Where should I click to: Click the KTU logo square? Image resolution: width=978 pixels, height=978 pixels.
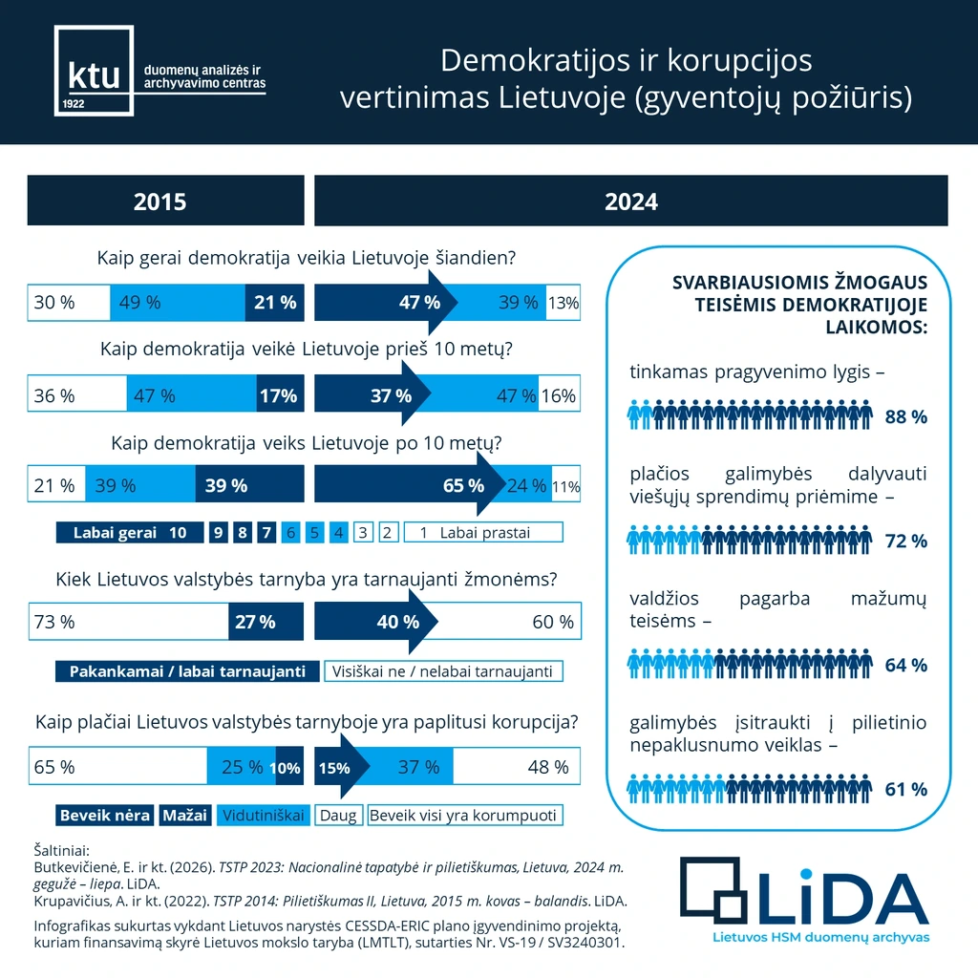click(95, 71)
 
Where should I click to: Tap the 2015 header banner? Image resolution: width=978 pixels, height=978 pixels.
click(166, 201)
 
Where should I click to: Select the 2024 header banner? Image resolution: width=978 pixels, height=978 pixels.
click(631, 201)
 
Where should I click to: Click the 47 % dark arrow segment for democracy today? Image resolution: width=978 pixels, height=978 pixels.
click(386, 303)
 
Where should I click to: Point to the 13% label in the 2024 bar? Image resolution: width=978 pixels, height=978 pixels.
click(563, 303)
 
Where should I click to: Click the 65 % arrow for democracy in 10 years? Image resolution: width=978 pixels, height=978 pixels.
click(410, 484)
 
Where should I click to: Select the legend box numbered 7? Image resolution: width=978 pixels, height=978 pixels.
click(267, 533)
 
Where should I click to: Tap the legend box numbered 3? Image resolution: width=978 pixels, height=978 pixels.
click(363, 533)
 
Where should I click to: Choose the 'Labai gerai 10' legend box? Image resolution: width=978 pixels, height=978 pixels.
click(130, 533)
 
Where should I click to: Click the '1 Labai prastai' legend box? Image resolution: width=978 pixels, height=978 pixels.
click(483, 533)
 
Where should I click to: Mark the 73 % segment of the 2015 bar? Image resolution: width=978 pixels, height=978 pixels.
click(129, 621)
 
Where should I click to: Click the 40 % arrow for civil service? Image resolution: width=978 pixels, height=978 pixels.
click(376, 621)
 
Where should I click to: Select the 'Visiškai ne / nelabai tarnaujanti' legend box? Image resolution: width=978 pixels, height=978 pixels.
click(443, 671)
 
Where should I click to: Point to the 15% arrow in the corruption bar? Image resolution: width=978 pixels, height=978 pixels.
click(342, 767)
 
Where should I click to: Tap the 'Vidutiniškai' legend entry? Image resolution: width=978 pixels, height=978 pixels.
click(264, 816)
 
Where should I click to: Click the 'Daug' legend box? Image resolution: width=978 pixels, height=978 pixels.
click(339, 816)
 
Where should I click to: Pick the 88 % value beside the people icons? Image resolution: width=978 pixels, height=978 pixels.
click(906, 416)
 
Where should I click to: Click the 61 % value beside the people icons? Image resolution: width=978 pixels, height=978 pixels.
click(906, 790)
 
